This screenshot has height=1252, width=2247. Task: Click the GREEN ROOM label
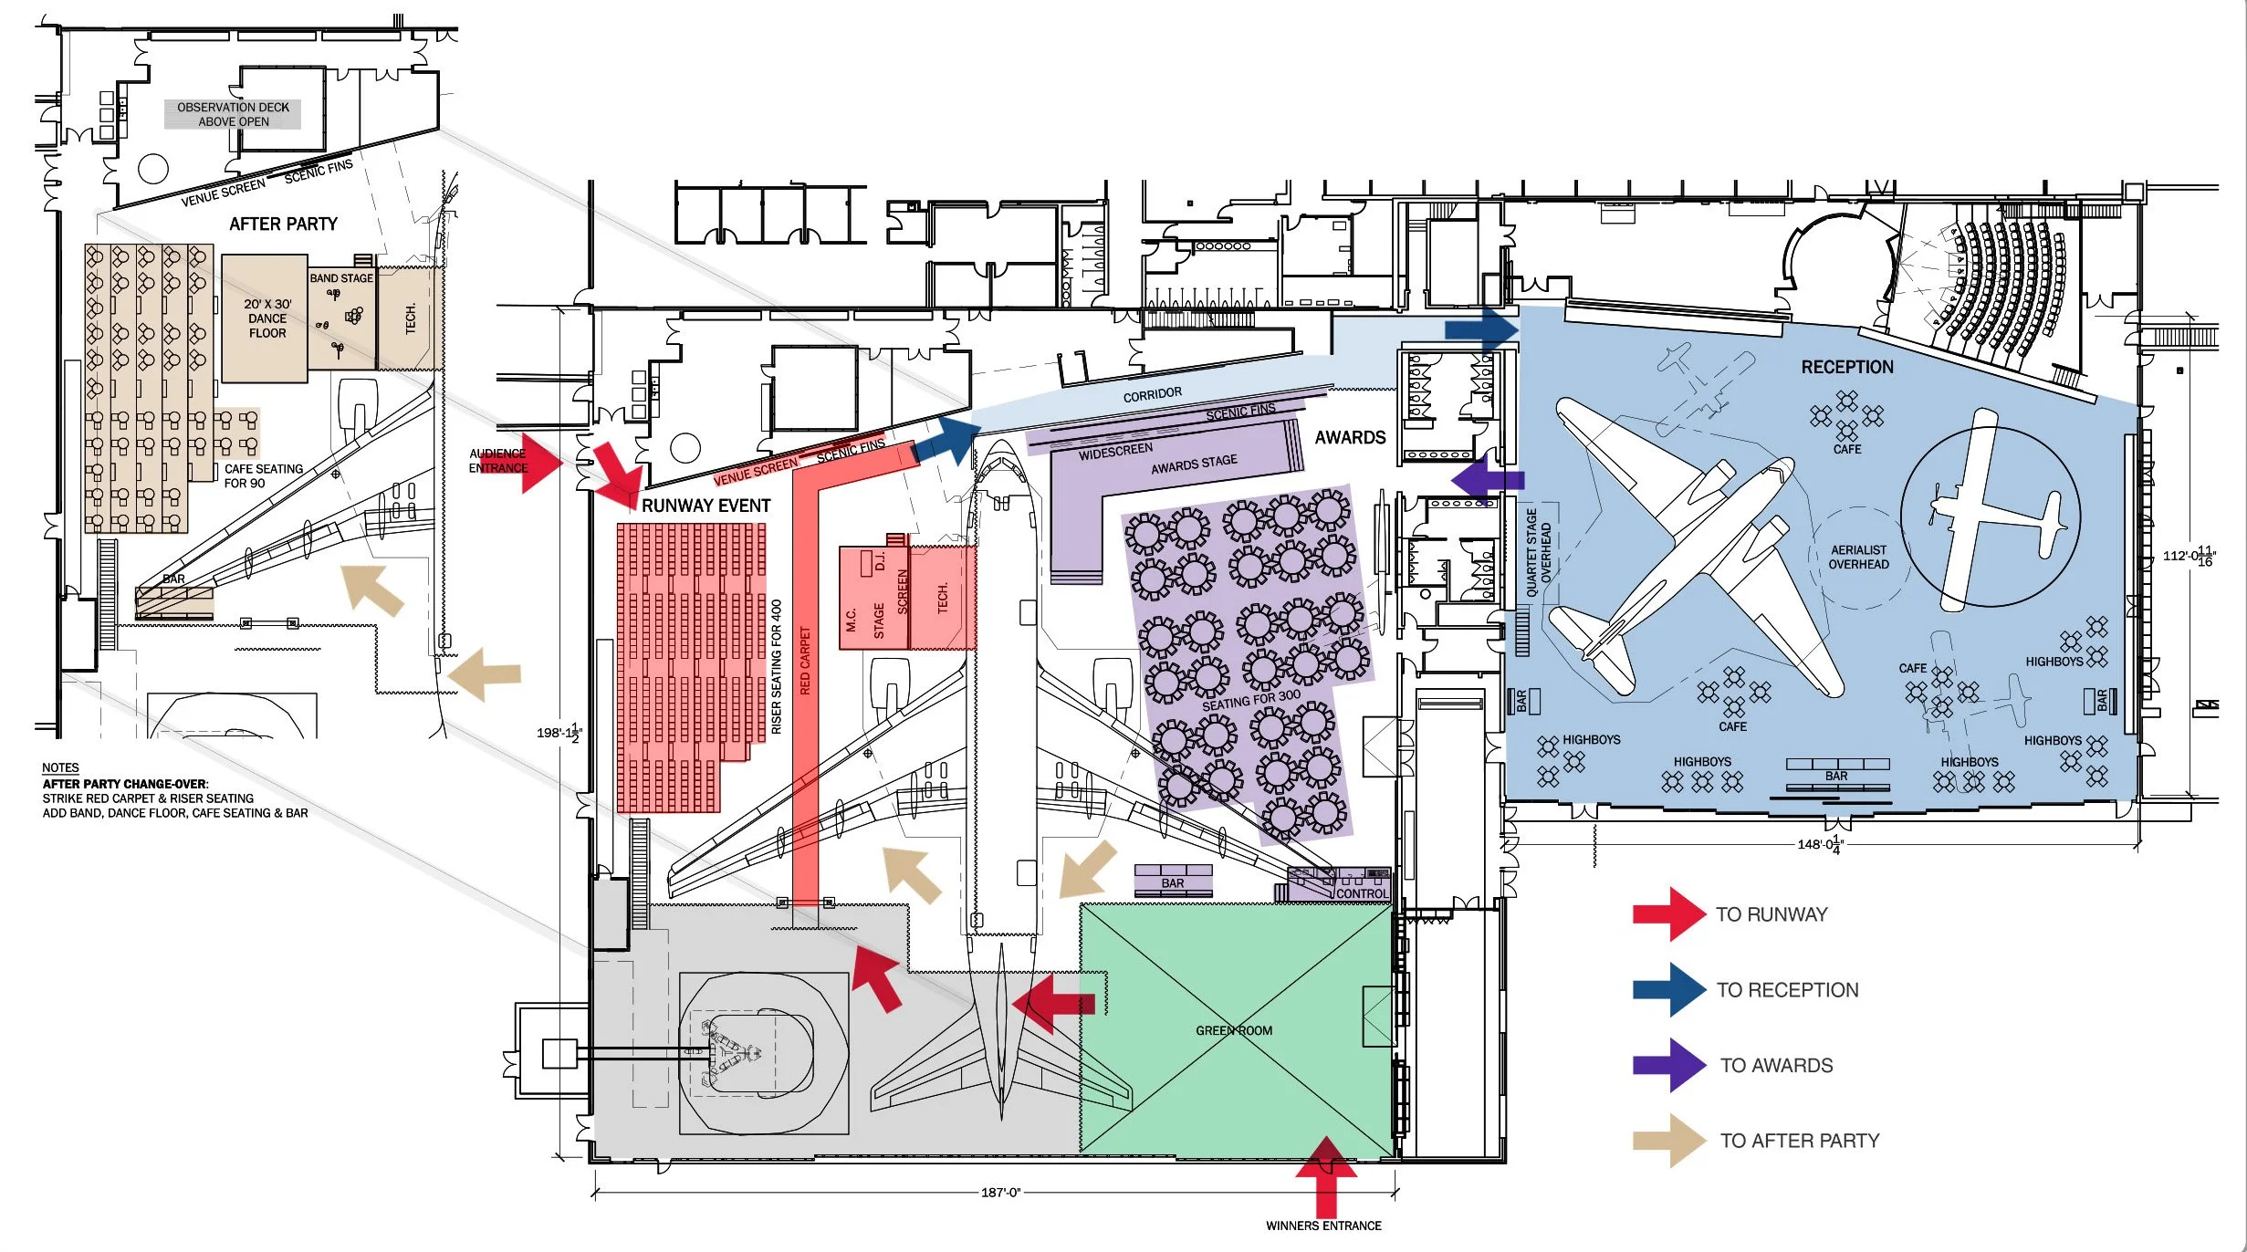tap(1233, 1030)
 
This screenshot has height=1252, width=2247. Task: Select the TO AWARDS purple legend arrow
tap(1669, 1065)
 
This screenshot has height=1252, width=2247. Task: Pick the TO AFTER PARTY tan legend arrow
tap(1669, 1141)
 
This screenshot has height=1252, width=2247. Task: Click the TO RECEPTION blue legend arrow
tap(1669, 989)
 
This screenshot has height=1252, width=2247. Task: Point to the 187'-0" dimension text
tap(1000, 1193)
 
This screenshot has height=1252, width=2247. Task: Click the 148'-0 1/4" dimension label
tap(1820, 844)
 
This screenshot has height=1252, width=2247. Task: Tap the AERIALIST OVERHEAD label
tap(1858, 557)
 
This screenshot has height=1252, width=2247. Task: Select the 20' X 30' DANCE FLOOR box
tap(266, 318)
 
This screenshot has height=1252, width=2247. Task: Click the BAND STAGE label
tap(341, 278)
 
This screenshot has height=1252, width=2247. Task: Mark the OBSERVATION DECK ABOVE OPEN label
tap(233, 114)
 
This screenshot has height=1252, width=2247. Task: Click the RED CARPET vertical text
tap(805, 661)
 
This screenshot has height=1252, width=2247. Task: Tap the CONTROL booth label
tap(1361, 893)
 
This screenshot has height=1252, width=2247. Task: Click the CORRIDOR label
tap(1152, 394)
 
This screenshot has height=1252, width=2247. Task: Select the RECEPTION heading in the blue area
tap(1846, 367)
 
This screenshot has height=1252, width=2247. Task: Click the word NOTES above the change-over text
tap(60, 767)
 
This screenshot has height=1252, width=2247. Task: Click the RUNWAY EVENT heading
tap(705, 506)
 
